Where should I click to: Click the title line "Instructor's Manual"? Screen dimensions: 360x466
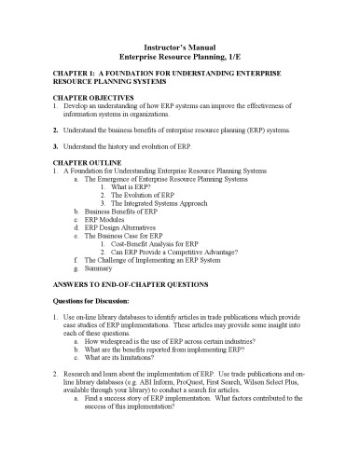point(179,46)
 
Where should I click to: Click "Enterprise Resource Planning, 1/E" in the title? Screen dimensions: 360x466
point(179,57)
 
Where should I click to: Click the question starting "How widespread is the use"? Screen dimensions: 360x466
point(177,339)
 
